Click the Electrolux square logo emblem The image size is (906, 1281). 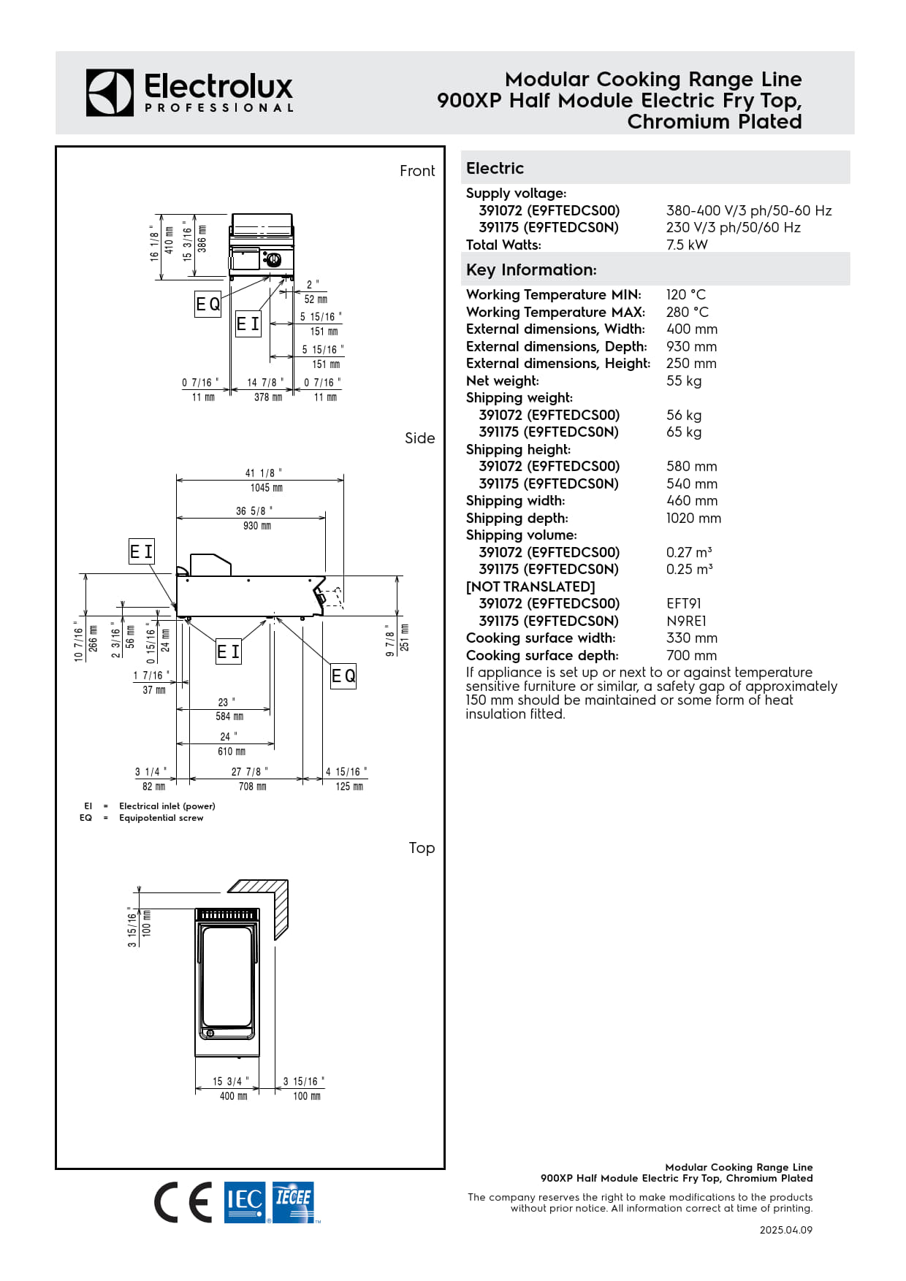110,93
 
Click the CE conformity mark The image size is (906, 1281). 183,1202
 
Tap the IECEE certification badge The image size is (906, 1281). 293,1201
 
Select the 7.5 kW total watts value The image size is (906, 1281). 687,245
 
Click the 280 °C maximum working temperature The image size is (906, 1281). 687,312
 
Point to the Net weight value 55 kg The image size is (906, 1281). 684,381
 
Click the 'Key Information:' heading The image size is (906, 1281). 531,269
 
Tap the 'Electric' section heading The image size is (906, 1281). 495,168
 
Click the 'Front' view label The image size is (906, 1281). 417,171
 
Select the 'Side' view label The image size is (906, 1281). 419,438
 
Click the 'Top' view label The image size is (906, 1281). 422,848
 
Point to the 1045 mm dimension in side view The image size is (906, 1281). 266,488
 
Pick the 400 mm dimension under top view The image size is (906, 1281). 233,1096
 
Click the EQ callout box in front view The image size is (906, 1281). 208,304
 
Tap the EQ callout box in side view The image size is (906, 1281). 343,676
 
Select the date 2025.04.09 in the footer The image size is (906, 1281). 785,1230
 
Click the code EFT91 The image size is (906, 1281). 683,603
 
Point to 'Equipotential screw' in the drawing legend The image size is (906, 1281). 161,818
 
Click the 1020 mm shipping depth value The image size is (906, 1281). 693,518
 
